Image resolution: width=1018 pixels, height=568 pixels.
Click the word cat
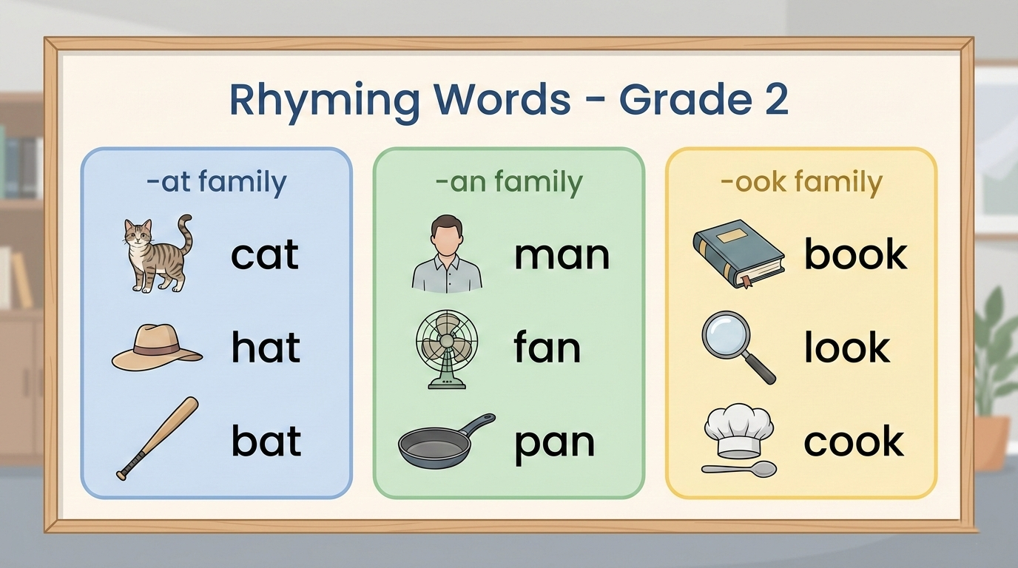(264, 254)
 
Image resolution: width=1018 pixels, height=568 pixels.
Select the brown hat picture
(157, 347)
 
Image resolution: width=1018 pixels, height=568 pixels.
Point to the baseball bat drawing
(158, 438)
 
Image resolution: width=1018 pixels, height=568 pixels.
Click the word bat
(266, 441)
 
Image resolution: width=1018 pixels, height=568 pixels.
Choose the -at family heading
(216, 182)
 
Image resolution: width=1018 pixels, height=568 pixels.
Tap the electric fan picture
(447, 348)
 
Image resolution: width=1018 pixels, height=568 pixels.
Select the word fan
(547, 348)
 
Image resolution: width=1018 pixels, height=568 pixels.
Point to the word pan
(554, 442)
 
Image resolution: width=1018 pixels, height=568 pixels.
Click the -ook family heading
(801, 182)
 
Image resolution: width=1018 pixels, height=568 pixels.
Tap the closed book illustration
(738, 255)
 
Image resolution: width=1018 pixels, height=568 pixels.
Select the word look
(847, 348)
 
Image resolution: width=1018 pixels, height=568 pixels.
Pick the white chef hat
(738, 431)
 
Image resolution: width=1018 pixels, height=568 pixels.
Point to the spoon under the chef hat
(739, 469)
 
